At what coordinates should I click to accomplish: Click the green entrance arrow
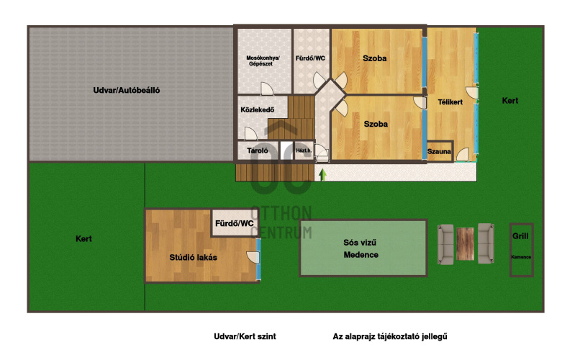click(322, 175)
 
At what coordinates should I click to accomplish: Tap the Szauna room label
click(439, 152)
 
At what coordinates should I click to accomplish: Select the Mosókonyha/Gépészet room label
click(263, 60)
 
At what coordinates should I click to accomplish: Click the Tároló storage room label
click(258, 150)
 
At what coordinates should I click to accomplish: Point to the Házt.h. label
click(304, 150)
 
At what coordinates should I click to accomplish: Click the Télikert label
click(450, 102)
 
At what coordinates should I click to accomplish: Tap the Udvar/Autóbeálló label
click(127, 90)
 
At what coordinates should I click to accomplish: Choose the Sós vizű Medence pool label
click(361, 248)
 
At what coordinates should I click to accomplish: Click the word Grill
click(520, 236)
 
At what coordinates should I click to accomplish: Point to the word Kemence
click(521, 257)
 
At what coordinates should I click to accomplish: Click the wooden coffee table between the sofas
click(466, 244)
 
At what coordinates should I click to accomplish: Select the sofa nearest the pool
click(445, 244)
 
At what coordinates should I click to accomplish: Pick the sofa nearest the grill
click(486, 243)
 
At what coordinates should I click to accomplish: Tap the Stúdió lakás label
click(193, 258)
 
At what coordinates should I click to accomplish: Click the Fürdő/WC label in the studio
click(235, 224)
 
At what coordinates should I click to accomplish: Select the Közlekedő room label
click(258, 109)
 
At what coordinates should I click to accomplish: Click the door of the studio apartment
click(253, 257)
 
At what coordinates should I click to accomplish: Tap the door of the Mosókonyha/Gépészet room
click(267, 89)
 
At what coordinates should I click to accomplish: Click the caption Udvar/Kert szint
click(245, 336)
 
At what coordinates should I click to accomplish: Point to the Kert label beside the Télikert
click(510, 101)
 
